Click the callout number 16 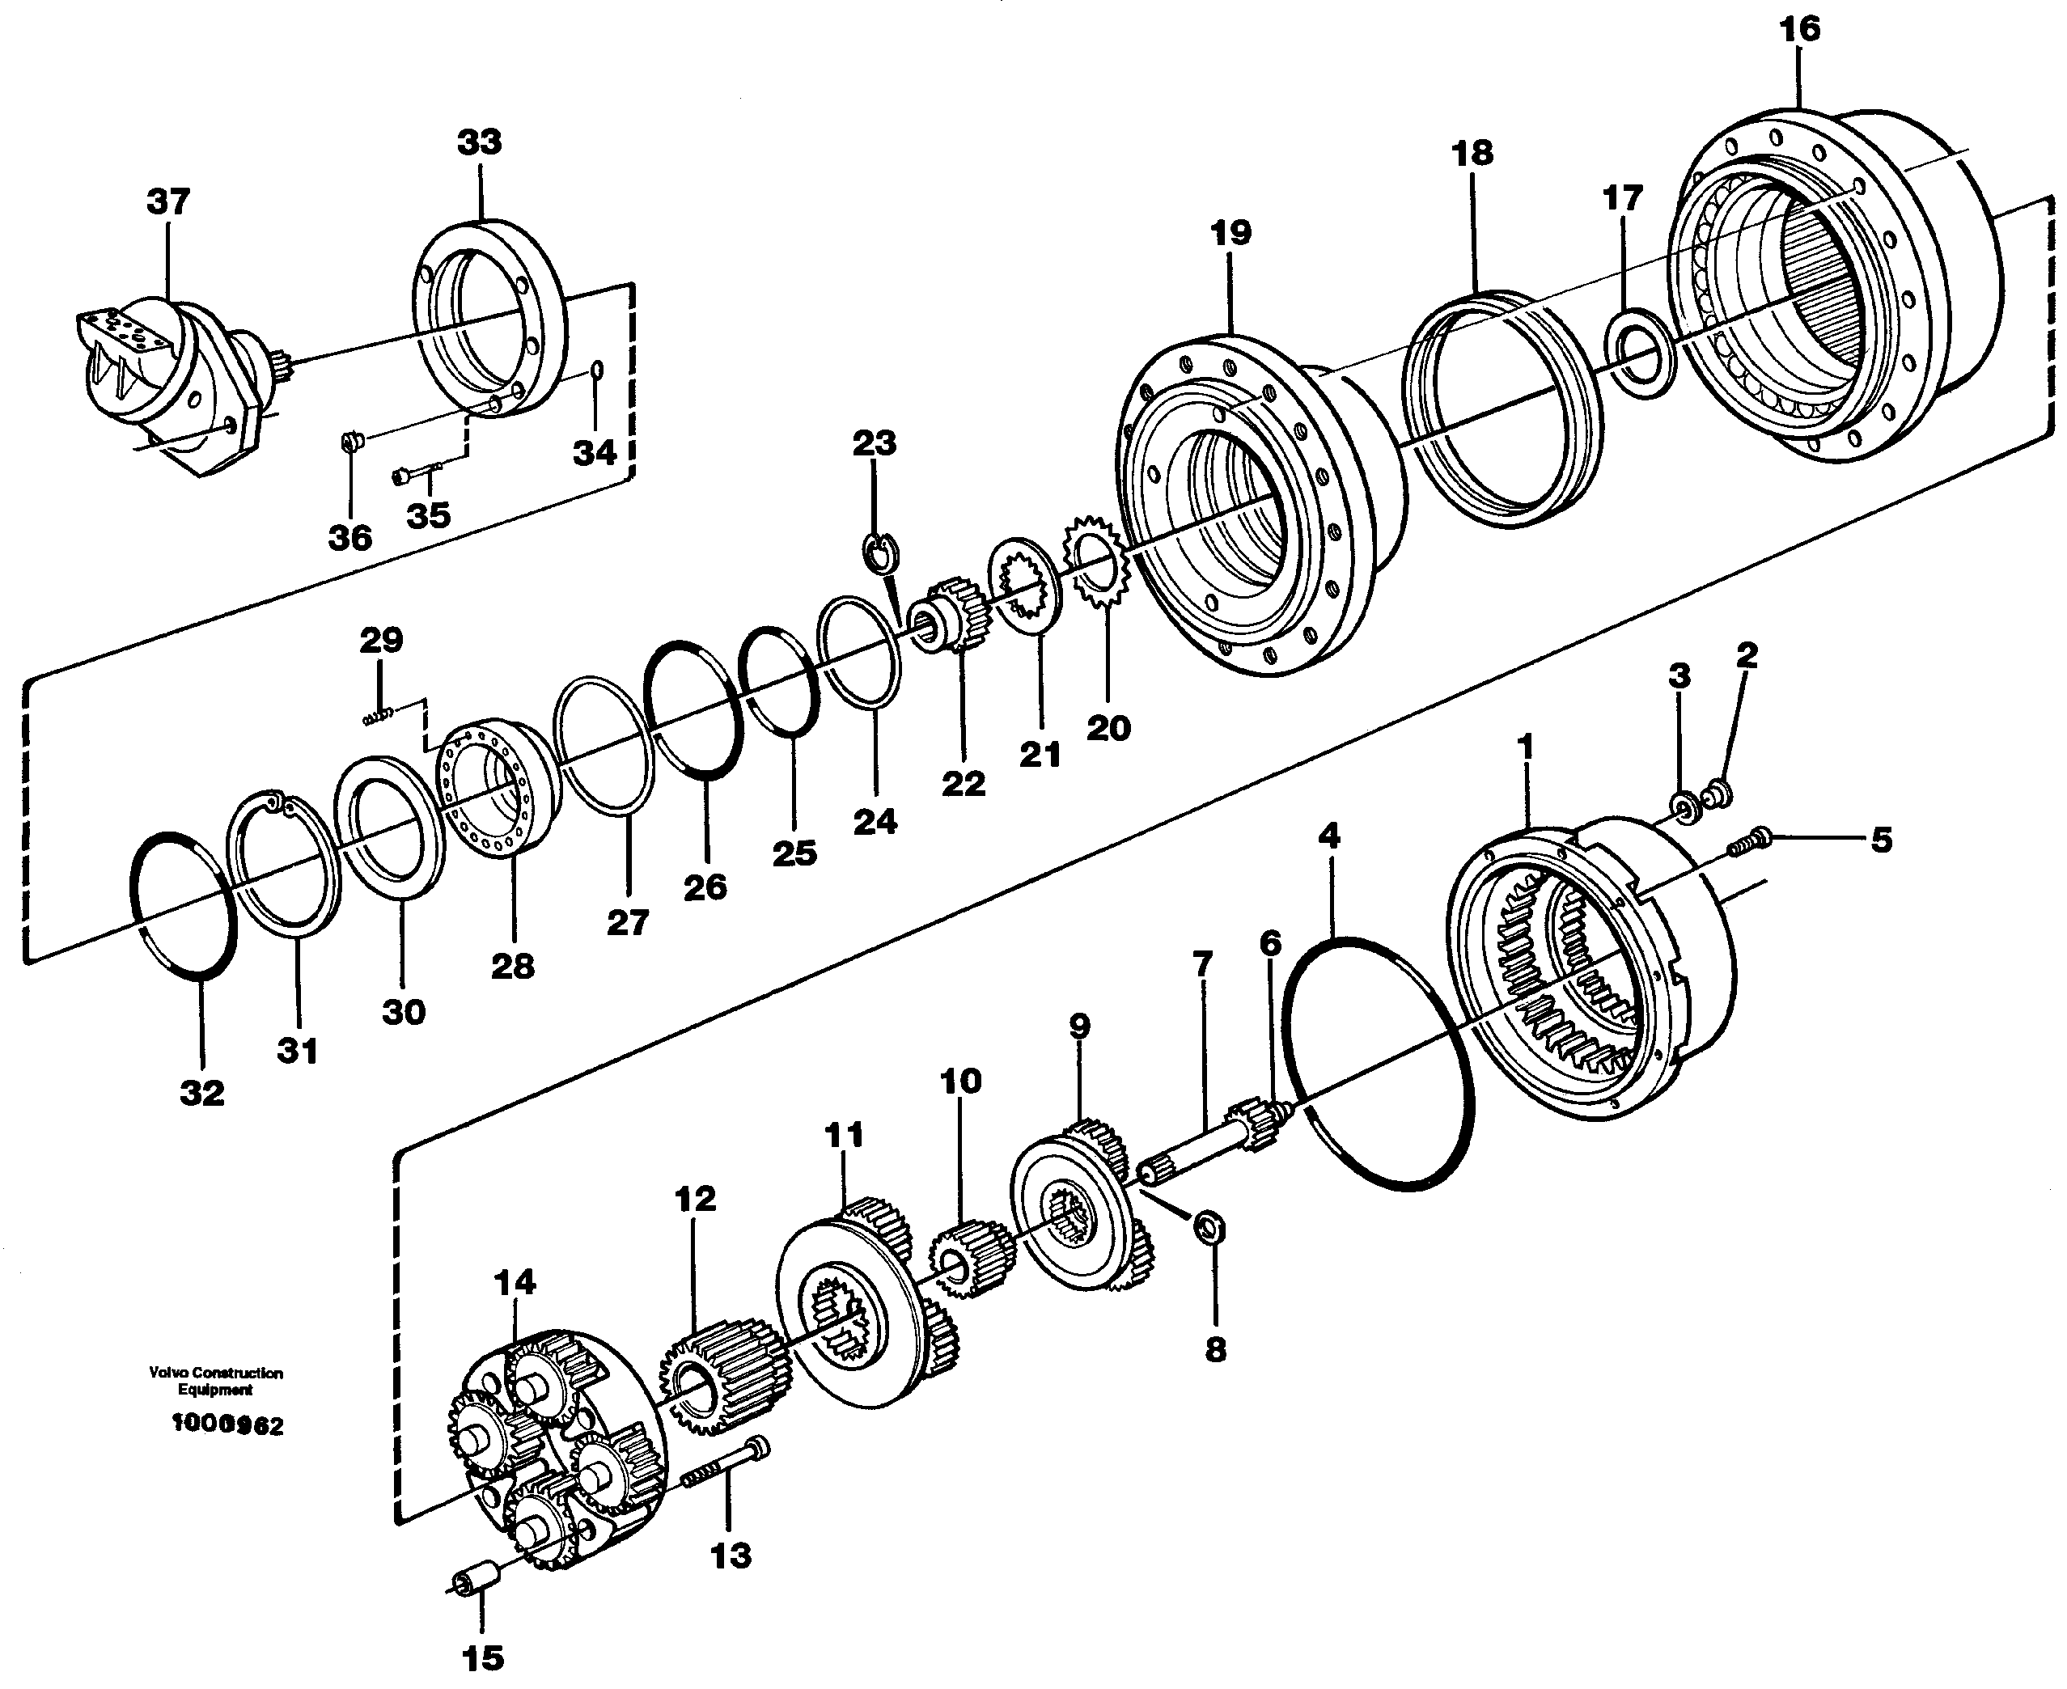(x=1798, y=29)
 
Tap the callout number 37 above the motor (x=167, y=202)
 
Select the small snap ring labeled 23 (x=881, y=553)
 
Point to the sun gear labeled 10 (x=972, y=1260)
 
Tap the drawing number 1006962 (x=227, y=1425)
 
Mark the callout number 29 (x=380, y=640)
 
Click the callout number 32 (x=201, y=1093)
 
